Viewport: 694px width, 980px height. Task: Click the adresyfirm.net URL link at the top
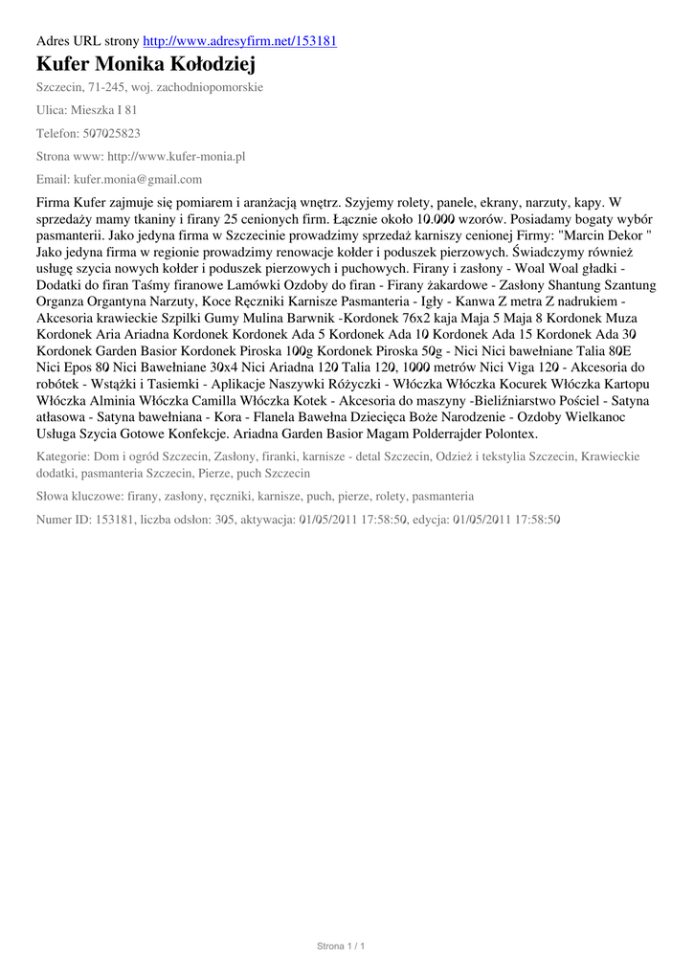[x=239, y=41]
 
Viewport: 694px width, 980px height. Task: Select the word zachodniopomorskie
[x=211, y=87]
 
